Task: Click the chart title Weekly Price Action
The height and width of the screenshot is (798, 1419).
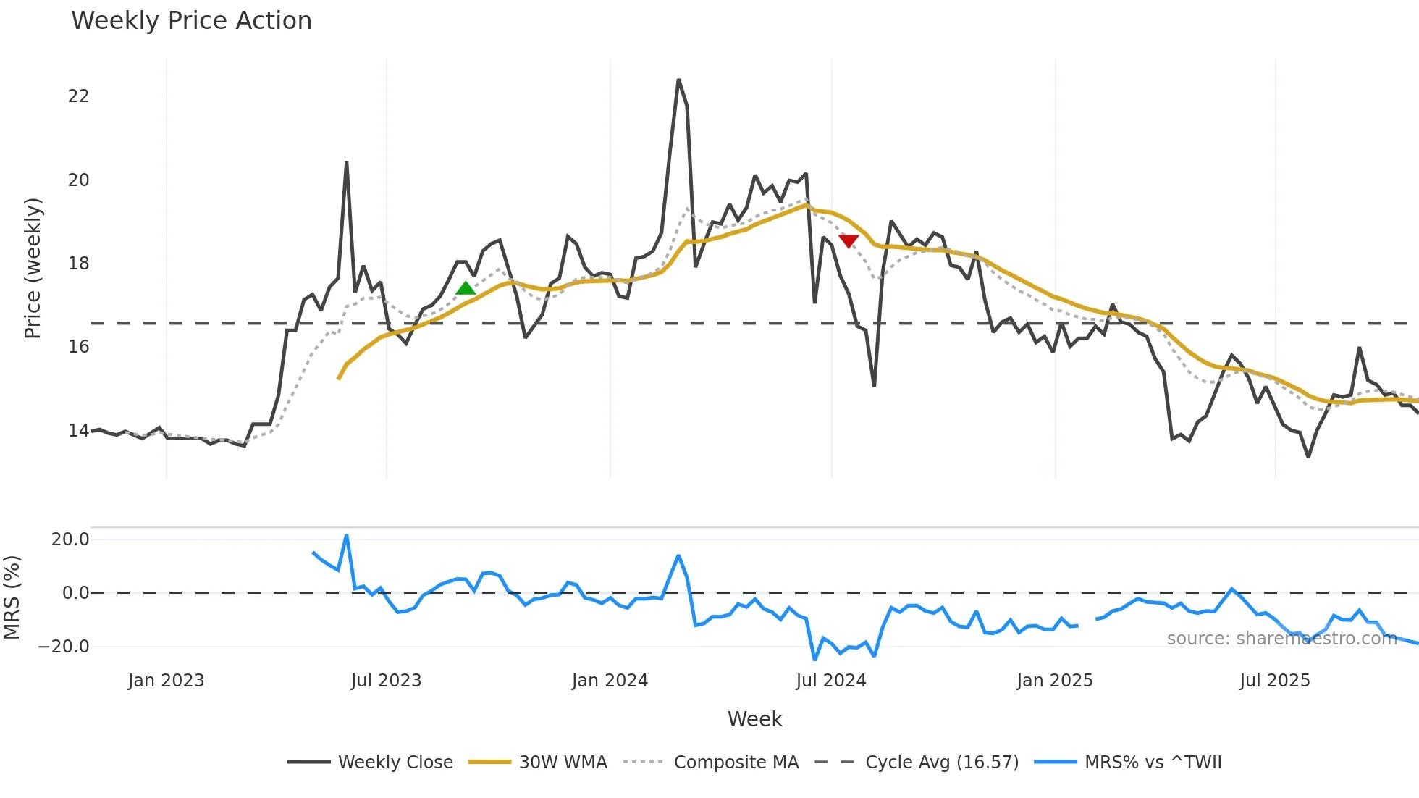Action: click(191, 21)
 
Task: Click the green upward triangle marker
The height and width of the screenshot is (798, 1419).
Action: click(466, 288)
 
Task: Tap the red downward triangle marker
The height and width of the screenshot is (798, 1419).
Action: click(849, 240)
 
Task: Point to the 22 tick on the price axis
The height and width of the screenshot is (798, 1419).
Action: click(78, 96)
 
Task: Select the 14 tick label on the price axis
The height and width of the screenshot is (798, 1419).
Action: click(78, 431)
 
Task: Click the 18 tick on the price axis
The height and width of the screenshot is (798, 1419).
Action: click(78, 264)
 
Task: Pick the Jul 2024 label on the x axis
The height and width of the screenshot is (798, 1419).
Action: click(830, 681)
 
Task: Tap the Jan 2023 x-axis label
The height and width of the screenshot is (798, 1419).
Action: click(166, 681)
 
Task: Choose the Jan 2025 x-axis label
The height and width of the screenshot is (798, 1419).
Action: click(1054, 681)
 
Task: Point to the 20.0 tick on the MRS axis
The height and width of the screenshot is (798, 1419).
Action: click(70, 539)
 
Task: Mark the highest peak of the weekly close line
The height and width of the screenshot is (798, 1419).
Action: click(678, 80)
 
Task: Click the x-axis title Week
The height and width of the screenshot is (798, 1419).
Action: click(754, 719)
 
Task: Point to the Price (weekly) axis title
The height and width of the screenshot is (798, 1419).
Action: click(33, 268)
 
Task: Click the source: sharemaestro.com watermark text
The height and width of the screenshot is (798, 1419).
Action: click(1281, 639)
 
